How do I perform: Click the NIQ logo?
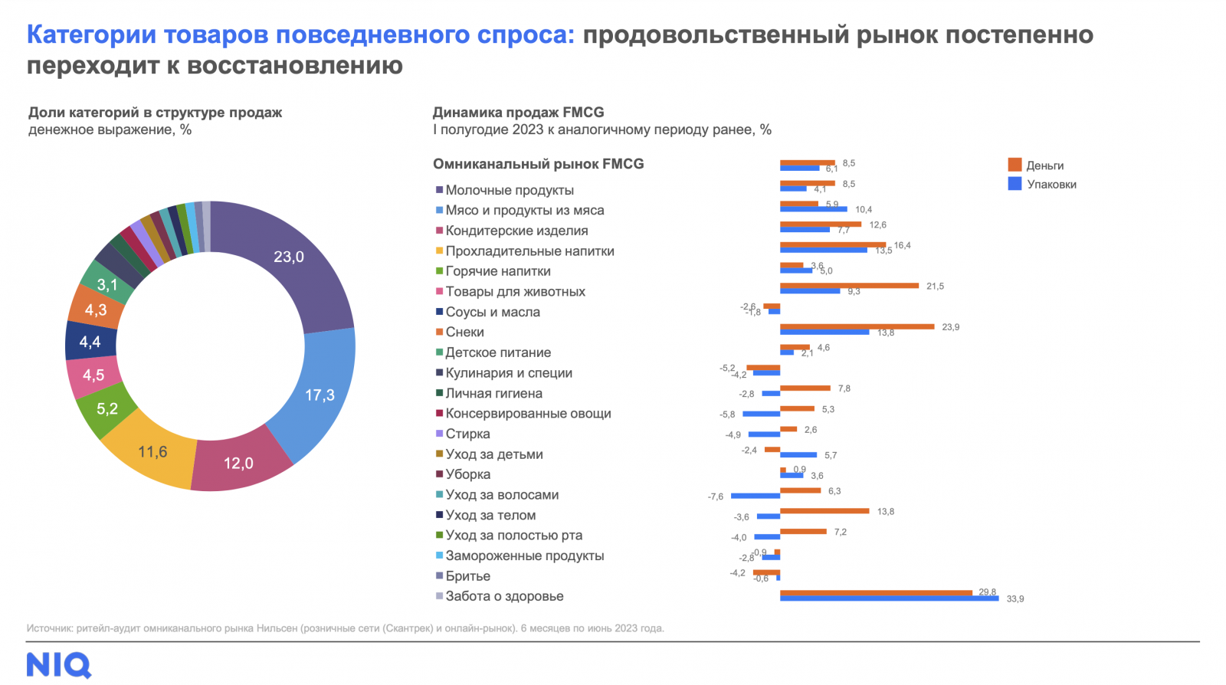[x=58, y=664]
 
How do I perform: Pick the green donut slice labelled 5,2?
[x=107, y=408]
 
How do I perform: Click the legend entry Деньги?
[x=1044, y=166]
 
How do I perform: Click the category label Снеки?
[x=464, y=333]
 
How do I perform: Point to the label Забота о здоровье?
[x=504, y=596]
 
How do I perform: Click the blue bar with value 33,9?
[x=889, y=598]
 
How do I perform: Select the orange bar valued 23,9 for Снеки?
[x=857, y=327]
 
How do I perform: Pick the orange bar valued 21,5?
[x=849, y=286]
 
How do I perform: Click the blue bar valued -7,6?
[x=755, y=497]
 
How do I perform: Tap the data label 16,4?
[x=902, y=246]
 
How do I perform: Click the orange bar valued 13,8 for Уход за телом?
[x=824, y=511]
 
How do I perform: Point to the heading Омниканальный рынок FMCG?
[x=538, y=164]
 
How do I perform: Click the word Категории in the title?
[x=91, y=35]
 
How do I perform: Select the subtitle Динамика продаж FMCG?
[x=518, y=113]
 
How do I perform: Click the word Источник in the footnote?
[x=49, y=628]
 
